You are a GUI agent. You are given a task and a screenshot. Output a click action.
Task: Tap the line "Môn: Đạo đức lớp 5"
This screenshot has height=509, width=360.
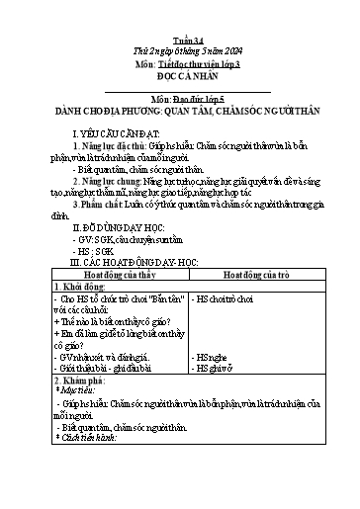tap(179, 100)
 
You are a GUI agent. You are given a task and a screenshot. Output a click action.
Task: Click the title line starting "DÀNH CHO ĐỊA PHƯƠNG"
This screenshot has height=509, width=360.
tap(179, 112)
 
